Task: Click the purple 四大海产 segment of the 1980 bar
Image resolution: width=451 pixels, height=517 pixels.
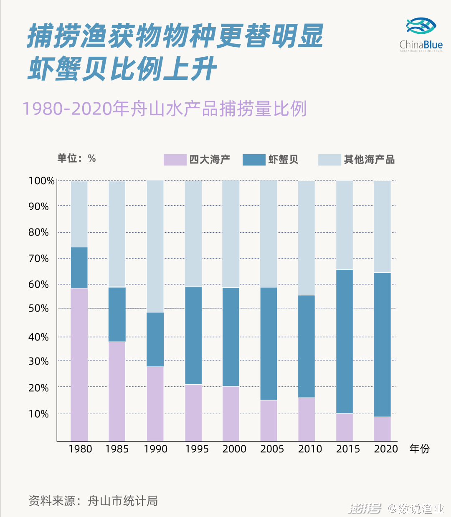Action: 79,364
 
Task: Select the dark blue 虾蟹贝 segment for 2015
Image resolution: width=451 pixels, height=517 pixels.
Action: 345,341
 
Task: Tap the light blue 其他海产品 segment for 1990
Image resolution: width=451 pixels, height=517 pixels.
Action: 155,246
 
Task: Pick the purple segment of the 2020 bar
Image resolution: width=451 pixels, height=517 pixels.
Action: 382,429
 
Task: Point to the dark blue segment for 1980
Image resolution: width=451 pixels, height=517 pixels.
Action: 79,268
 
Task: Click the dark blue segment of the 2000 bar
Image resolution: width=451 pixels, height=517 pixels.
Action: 231,337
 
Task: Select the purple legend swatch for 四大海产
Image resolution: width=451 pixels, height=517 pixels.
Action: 175,160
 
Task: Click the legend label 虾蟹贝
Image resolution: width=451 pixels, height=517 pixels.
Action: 283,160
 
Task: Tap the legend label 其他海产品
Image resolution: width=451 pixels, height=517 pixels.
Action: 369,160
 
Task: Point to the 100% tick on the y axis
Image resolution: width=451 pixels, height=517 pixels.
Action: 41,181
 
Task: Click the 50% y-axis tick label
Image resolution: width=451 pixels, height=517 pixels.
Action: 38,309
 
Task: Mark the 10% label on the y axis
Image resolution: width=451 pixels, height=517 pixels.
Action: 38,414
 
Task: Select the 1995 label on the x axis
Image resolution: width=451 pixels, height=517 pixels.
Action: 197,449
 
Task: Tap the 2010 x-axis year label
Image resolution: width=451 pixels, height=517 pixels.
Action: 310,449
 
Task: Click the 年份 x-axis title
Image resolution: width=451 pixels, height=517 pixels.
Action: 419,449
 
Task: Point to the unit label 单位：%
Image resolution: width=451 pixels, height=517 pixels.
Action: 76,158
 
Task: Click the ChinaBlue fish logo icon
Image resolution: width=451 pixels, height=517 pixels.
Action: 421,26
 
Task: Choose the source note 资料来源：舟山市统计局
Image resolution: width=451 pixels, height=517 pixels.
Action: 93,501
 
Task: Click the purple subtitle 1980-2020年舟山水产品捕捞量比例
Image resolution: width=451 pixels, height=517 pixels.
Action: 164,109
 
